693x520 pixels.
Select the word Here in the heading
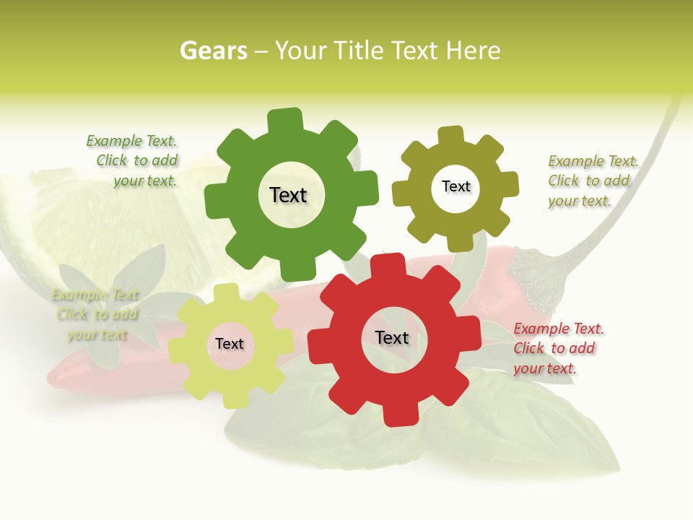pos(473,51)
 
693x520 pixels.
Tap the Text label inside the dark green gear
pos(288,195)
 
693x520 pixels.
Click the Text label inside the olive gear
pos(456,186)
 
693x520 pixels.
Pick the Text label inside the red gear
pos(392,337)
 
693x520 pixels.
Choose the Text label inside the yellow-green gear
pos(230,344)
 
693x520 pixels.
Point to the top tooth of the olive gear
pos(450,136)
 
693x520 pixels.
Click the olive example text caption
pos(592,181)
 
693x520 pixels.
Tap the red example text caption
pos(558,348)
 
